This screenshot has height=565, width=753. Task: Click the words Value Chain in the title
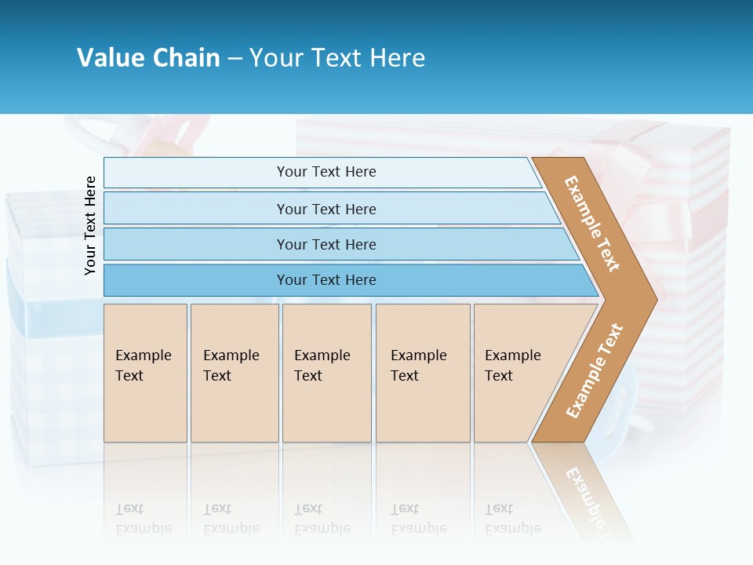(x=148, y=58)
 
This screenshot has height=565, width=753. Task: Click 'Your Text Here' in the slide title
(x=337, y=58)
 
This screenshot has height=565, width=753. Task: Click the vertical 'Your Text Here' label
(x=90, y=225)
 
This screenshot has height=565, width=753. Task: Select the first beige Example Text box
(x=145, y=372)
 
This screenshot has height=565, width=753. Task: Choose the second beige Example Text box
(x=234, y=372)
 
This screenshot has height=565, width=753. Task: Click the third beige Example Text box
(x=326, y=372)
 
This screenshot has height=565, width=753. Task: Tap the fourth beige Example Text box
(x=422, y=372)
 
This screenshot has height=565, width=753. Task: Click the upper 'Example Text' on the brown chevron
(x=592, y=224)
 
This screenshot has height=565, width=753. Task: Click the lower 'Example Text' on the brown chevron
(x=594, y=371)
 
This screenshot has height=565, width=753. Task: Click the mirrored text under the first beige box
(x=144, y=519)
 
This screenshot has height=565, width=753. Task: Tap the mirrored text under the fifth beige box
(x=512, y=519)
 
